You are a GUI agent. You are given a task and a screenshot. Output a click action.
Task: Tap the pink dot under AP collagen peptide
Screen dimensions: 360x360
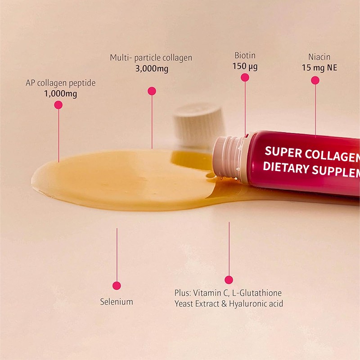pyautogui.click(x=58, y=105)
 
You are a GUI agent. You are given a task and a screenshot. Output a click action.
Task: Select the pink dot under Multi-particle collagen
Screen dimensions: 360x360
pyautogui.click(x=152, y=91)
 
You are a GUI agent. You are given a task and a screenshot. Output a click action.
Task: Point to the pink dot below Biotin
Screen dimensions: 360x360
pyautogui.click(x=245, y=77)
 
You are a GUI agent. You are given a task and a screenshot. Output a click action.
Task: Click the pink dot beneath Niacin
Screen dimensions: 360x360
pyautogui.click(x=315, y=81)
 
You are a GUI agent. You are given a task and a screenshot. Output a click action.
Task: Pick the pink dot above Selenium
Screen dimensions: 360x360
pyautogui.click(x=117, y=285)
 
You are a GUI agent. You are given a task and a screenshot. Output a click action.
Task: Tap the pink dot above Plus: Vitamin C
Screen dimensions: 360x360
pyautogui.click(x=229, y=279)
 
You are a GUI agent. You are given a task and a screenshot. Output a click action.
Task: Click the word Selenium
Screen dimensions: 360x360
pyautogui.click(x=117, y=301)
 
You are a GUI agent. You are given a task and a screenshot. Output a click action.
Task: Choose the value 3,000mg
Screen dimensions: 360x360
pyautogui.click(x=151, y=69)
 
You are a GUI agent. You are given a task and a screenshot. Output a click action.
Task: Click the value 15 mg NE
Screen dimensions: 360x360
pyautogui.click(x=319, y=68)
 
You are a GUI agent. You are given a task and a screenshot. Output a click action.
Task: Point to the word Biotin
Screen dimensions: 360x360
pyautogui.click(x=245, y=56)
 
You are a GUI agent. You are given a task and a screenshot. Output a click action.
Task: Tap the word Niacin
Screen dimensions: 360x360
pyautogui.click(x=319, y=57)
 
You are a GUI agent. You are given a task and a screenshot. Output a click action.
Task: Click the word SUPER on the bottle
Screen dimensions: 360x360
pyautogui.click(x=283, y=153)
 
